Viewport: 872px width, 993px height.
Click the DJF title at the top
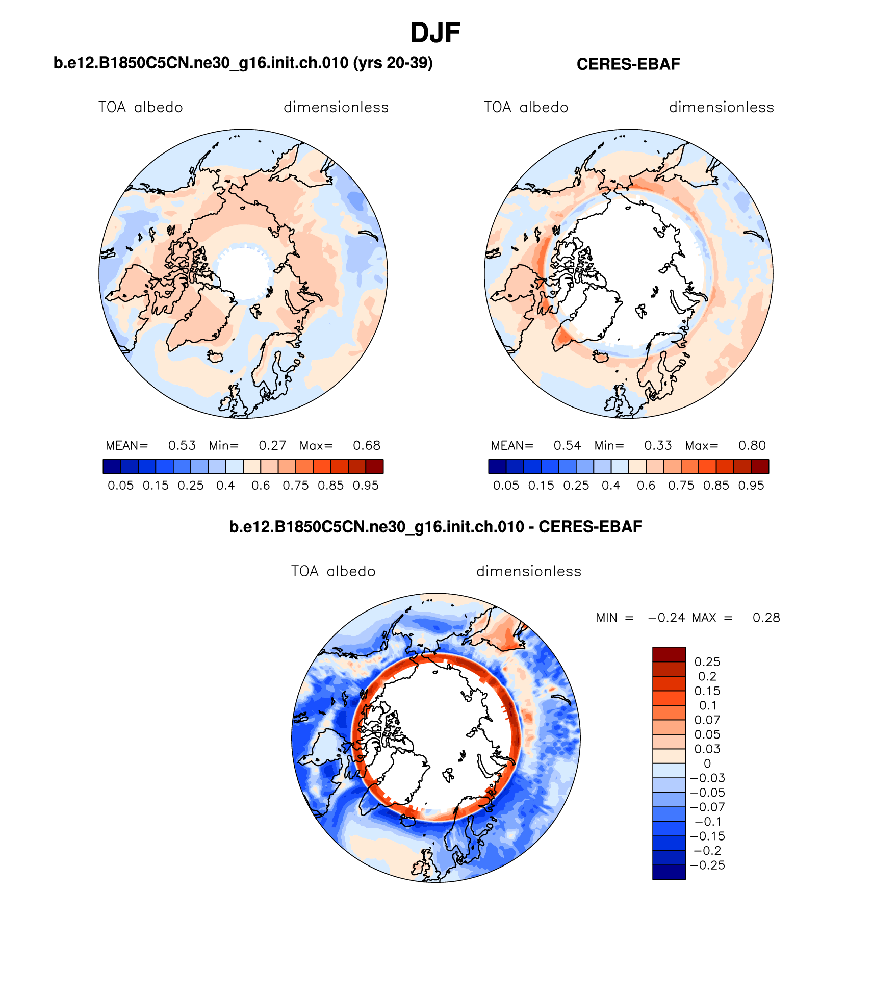click(x=435, y=33)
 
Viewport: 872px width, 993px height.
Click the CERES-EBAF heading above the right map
click(x=628, y=64)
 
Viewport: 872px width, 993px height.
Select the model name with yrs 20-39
click(x=243, y=63)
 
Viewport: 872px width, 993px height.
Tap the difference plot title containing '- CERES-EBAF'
click(x=435, y=526)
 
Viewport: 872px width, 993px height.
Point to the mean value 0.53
click(x=182, y=445)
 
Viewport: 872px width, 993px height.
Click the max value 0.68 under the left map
click(x=367, y=445)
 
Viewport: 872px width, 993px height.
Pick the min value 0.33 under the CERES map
click(x=658, y=445)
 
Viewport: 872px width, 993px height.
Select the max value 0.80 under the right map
click(x=752, y=445)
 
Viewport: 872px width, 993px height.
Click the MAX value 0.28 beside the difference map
click(x=766, y=618)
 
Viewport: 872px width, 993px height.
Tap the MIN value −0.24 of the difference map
click(x=666, y=618)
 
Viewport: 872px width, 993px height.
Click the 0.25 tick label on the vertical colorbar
click(x=707, y=662)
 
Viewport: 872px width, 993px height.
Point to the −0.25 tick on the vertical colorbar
click(x=707, y=865)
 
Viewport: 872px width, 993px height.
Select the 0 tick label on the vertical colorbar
click(x=707, y=763)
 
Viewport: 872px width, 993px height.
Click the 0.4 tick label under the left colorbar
click(x=225, y=486)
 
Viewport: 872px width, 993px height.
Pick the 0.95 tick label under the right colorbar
click(x=751, y=486)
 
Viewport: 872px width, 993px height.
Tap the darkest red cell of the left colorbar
click(x=374, y=467)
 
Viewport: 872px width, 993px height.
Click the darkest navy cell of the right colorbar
click(x=497, y=467)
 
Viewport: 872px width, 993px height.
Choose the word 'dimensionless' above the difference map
click(x=529, y=571)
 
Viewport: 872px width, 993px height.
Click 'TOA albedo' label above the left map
click(x=141, y=107)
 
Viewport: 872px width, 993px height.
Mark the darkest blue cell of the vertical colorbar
click(x=669, y=872)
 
